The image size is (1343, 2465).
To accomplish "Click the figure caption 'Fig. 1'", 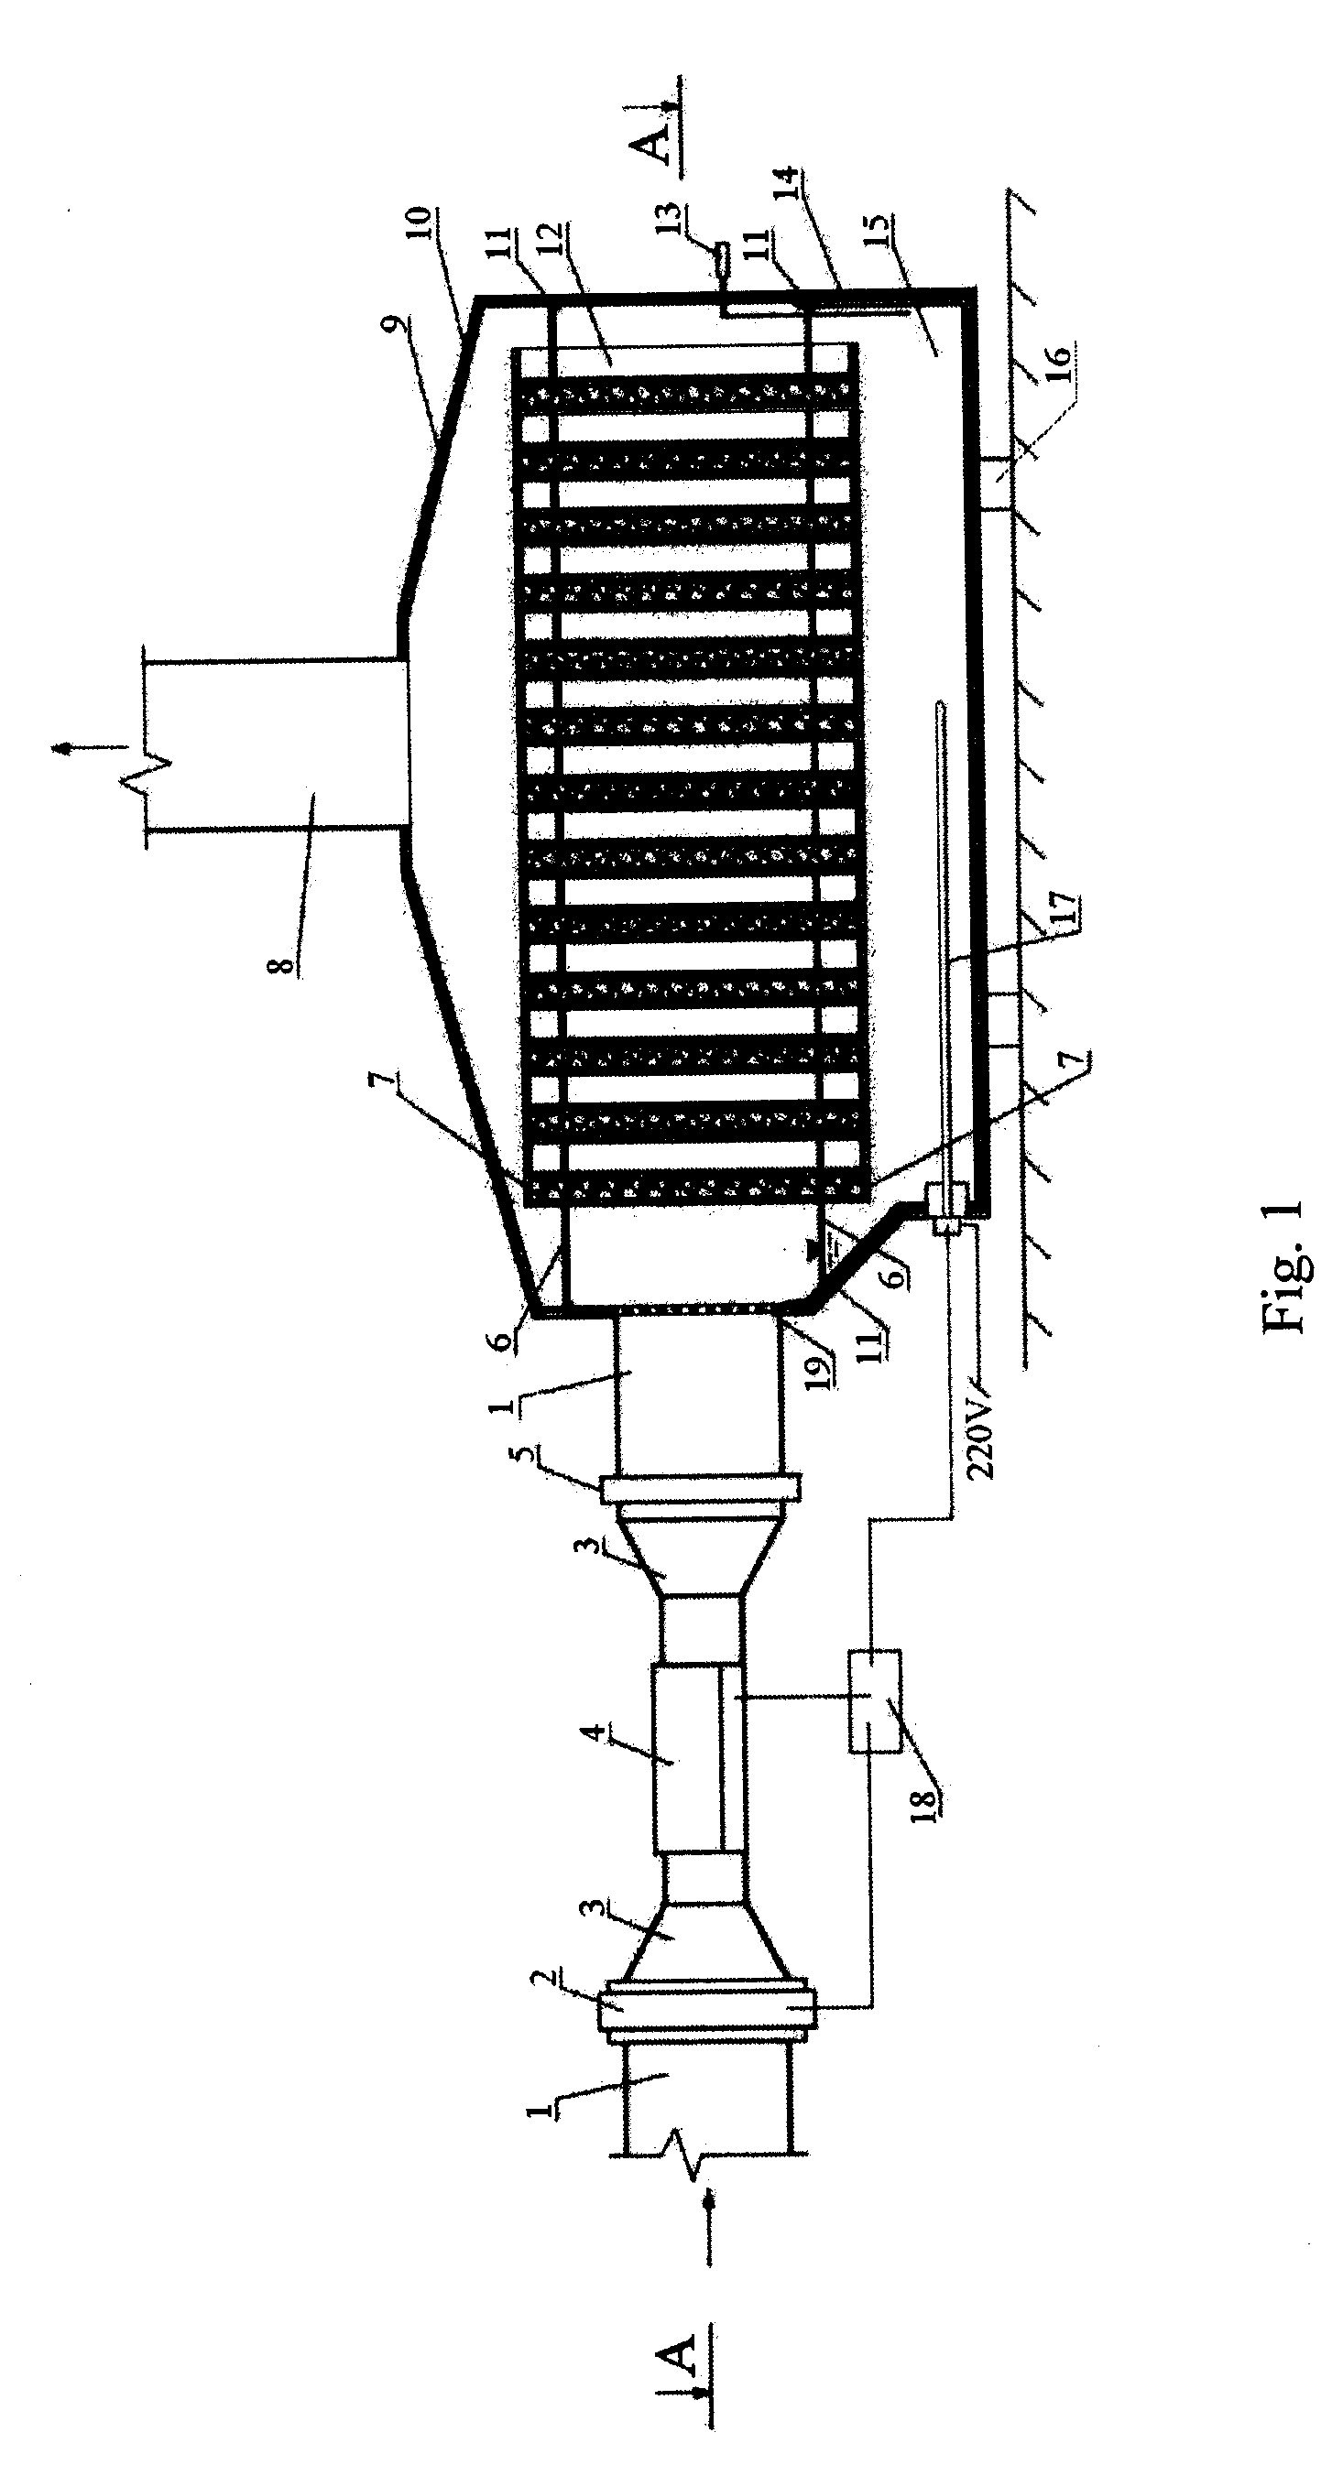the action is (1283, 1266).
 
